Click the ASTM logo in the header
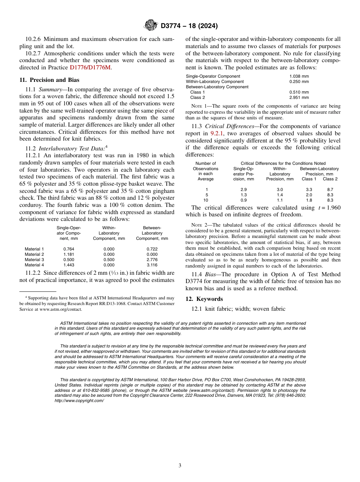pyautogui.click(x=151, y=26)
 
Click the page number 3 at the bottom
pyautogui.click(x=180, y=465)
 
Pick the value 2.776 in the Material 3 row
pyautogui.click(x=152, y=260)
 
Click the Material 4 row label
pyautogui.click(x=34, y=265)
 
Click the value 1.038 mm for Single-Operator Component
pyautogui.click(x=299, y=76)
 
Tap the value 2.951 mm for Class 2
pyautogui.click(x=299, y=97)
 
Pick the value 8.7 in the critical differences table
pyautogui.click(x=330, y=189)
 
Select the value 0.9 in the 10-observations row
pyautogui.click(x=244, y=200)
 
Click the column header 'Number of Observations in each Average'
pyautogui.click(x=206, y=171)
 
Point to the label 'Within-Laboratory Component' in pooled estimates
pyautogui.click(x=214, y=81)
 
